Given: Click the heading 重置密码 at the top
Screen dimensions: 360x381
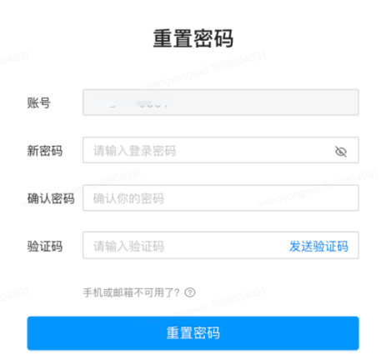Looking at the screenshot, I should click(x=193, y=39).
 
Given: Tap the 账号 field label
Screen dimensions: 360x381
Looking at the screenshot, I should click(x=39, y=102).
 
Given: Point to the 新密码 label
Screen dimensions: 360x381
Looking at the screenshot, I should click(x=45, y=151).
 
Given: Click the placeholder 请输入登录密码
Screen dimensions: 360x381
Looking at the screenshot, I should click(x=134, y=151).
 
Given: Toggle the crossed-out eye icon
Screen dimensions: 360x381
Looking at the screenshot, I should click(x=340, y=151).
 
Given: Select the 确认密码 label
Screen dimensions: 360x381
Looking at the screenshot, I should click(x=51, y=198).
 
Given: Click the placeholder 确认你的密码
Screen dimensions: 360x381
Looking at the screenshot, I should click(x=128, y=198).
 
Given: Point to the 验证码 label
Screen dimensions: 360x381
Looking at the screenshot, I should click(x=45, y=246).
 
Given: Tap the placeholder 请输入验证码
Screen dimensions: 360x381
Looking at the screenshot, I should click(x=128, y=246).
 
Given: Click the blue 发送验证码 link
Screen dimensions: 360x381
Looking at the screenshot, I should click(x=318, y=246).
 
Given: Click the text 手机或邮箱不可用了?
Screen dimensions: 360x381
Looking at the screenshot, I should click(x=133, y=292).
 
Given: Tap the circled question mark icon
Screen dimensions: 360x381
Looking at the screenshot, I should click(x=191, y=292).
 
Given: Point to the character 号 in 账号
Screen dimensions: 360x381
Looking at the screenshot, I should click(x=45, y=102).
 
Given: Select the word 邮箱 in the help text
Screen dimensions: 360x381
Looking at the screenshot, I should click(x=123, y=292).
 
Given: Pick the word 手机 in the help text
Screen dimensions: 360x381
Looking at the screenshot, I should click(x=93, y=292).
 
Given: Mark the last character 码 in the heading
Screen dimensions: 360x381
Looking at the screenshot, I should click(x=223, y=39).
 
